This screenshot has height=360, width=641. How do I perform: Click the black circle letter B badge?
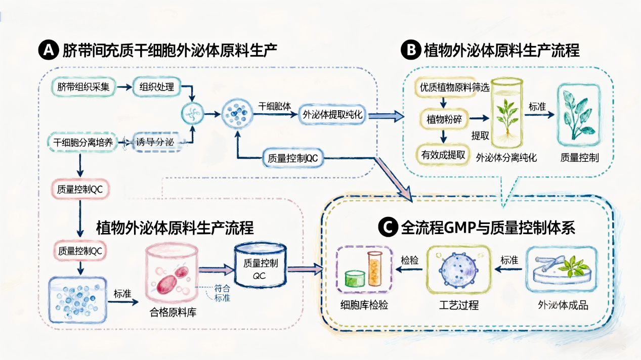[x=409, y=51]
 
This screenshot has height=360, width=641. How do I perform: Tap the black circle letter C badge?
[x=388, y=228]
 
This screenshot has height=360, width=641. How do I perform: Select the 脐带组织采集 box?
[x=83, y=87]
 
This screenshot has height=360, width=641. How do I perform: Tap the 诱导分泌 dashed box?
[x=154, y=143]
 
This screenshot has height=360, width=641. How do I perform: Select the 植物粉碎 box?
[x=444, y=119]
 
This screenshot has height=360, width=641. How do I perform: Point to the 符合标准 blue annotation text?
[x=222, y=293]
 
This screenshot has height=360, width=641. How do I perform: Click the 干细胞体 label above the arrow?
[x=275, y=106]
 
